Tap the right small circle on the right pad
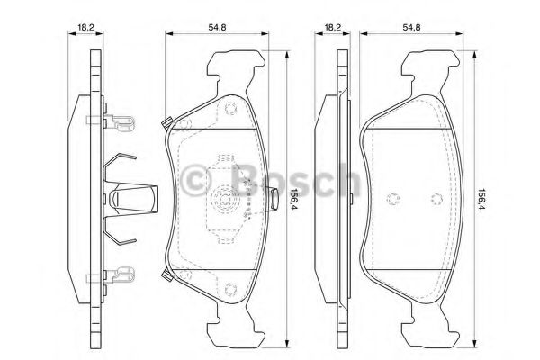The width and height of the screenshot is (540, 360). (x=436, y=199)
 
